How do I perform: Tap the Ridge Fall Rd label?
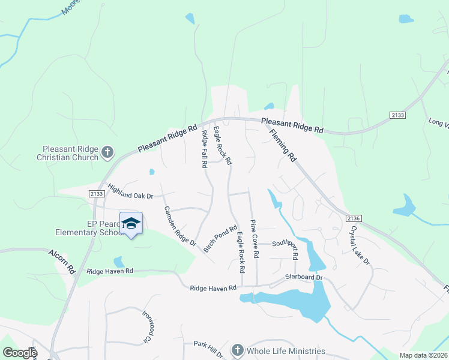[x=204, y=148]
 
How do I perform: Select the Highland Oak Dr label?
[x=131, y=191]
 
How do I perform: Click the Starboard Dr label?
[x=304, y=277]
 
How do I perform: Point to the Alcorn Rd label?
[x=62, y=262]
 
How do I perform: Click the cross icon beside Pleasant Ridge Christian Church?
[x=107, y=152]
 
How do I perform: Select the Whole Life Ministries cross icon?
[x=238, y=350]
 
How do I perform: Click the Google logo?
[x=19, y=353]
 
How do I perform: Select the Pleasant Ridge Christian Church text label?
[x=70, y=153]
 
